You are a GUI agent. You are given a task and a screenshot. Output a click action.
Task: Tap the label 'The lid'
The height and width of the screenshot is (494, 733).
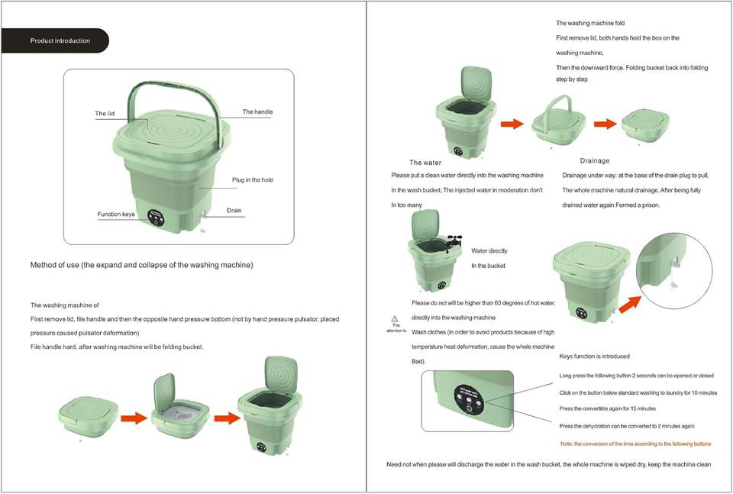pos(105,114)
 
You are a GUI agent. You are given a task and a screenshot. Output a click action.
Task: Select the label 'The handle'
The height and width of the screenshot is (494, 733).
pos(257,112)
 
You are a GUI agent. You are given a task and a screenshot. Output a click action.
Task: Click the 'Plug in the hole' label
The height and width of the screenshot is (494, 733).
pos(252,180)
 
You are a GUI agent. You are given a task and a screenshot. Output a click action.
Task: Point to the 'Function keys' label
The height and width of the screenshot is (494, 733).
pos(116,215)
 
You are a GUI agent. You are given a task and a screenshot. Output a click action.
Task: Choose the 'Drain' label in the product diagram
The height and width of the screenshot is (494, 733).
pos(234,210)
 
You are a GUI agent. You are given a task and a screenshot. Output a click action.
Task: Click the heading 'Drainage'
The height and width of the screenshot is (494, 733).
pos(595,161)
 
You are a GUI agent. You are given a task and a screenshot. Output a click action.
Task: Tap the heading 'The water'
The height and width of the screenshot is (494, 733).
pos(425,163)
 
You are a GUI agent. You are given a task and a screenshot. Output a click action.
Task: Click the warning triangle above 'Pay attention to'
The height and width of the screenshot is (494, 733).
pos(395,318)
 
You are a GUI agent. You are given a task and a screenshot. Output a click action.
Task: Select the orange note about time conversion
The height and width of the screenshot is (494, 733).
pos(635,444)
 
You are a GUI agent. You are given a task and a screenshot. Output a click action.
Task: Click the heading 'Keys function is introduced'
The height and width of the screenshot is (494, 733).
pos(595,357)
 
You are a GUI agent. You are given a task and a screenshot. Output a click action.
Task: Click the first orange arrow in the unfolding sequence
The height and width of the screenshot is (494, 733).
pos(134,418)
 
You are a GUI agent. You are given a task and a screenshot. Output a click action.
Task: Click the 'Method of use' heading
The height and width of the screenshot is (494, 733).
pos(141,265)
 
